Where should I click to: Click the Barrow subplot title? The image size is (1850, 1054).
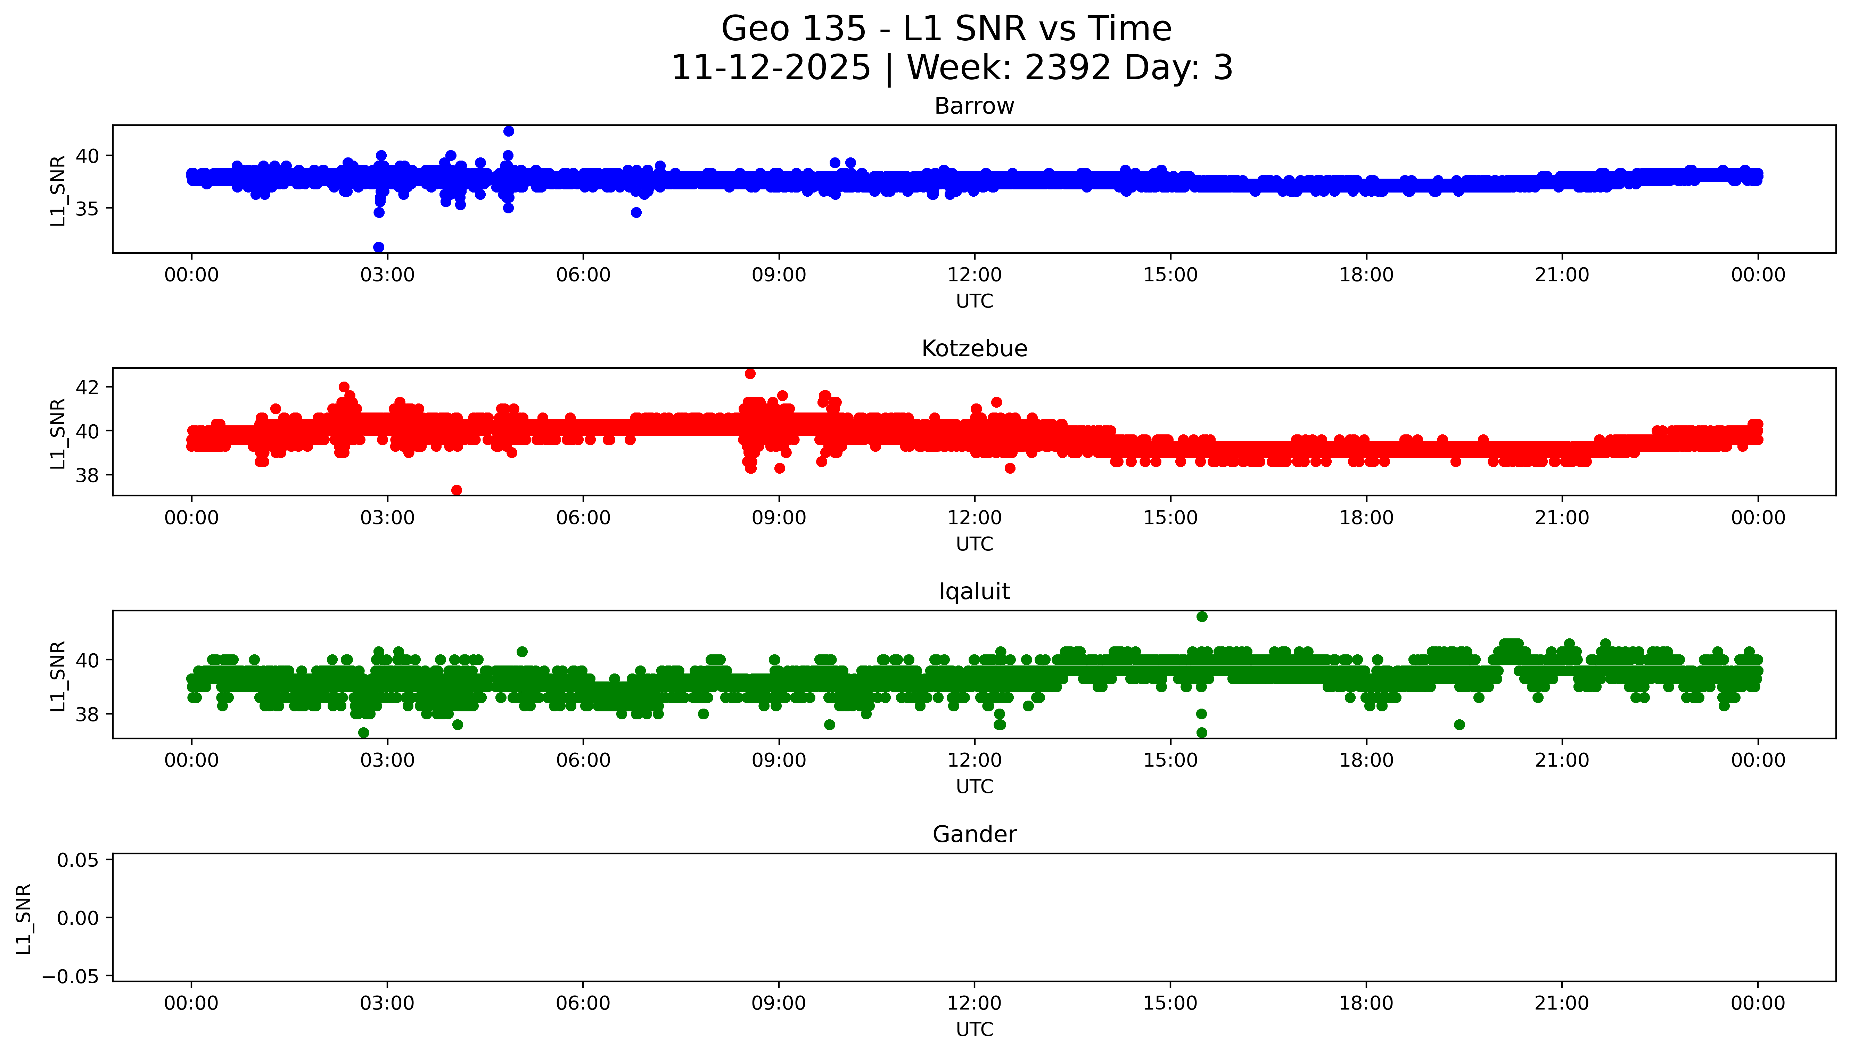click(x=974, y=106)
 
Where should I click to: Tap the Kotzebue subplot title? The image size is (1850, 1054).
click(x=974, y=349)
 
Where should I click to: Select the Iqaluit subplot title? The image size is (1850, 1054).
click(x=974, y=591)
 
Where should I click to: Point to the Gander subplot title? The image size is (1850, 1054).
click(x=974, y=835)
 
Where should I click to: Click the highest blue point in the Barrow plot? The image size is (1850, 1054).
click(x=509, y=131)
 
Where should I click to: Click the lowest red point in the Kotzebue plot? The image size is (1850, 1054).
click(x=457, y=490)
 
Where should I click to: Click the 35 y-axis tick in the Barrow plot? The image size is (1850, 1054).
click(x=87, y=209)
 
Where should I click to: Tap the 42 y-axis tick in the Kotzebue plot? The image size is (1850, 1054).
click(x=87, y=387)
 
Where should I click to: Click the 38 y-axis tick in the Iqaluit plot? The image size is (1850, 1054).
click(x=87, y=714)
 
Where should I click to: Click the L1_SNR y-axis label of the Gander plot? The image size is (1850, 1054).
click(x=24, y=918)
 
